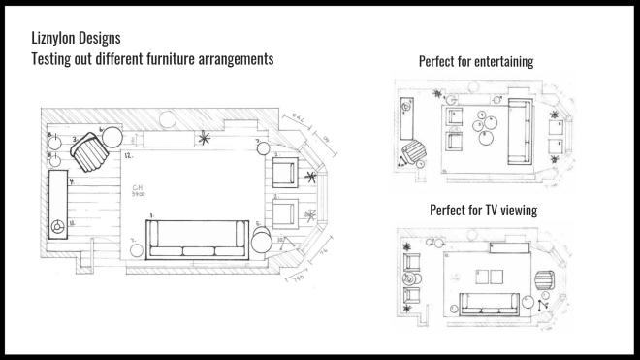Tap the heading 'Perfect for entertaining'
click(476, 62)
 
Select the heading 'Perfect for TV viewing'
click(483, 210)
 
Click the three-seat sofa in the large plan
click(196, 239)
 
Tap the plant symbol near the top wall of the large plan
click(204, 139)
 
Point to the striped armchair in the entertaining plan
click(414, 151)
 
